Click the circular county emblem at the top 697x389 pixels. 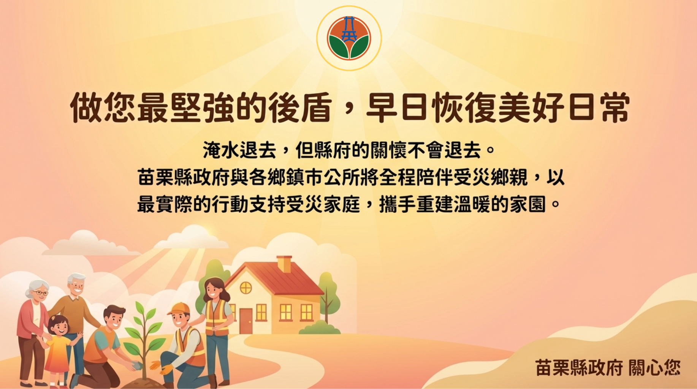[x=349, y=38]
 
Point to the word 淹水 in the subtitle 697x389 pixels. [x=221, y=150]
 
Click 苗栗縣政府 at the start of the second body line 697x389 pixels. [x=184, y=177]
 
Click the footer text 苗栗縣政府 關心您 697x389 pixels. [x=608, y=368]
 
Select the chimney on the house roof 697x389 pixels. [x=284, y=264]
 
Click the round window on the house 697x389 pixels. [x=246, y=288]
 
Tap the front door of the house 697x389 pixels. [x=246, y=321]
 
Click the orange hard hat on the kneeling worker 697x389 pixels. [x=179, y=308]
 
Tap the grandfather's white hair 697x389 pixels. [x=76, y=278]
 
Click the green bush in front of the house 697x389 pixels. [x=318, y=328]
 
